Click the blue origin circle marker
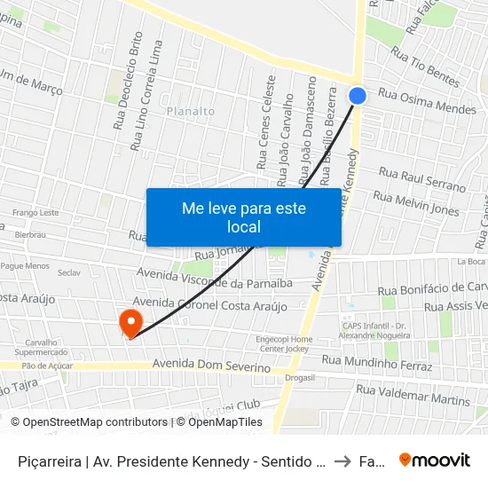click(358, 96)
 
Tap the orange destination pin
click(130, 321)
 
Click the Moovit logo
click(435, 460)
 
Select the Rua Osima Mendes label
click(427, 100)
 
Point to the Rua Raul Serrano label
click(421, 179)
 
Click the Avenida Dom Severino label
click(211, 366)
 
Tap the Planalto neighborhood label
click(190, 111)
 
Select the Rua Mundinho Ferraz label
click(376, 363)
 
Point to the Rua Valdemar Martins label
click(413, 395)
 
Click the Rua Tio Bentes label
click(425, 72)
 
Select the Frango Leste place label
click(35, 213)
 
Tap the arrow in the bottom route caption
click(342, 460)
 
